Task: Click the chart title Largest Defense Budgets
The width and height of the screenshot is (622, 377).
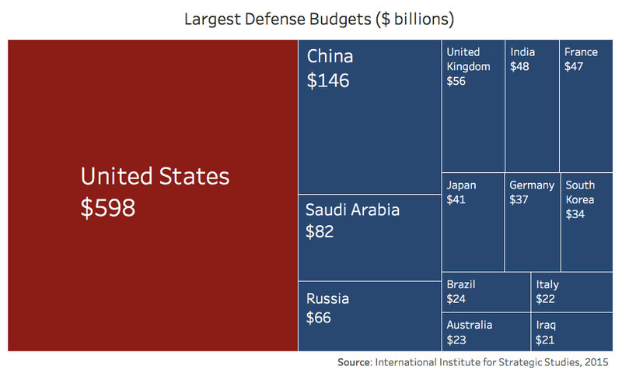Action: [319, 18]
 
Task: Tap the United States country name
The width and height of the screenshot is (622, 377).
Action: [155, 177]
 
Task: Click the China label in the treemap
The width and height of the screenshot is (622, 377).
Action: [330, 57]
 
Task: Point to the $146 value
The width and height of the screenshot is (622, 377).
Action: [329, 80]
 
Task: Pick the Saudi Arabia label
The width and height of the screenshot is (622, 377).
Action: [352, 210]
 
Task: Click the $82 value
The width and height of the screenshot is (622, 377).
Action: [320, 231]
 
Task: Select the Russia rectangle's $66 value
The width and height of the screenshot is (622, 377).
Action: [318, 318]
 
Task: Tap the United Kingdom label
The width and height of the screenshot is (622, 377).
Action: [468, 59]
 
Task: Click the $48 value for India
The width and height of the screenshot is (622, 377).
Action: [520, 67]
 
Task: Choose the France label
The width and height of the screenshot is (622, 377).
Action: [581, 52]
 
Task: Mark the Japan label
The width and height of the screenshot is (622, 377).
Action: [462, 185]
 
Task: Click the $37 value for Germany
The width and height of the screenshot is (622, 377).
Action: [519, 200]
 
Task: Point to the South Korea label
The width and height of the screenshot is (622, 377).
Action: [580, 192]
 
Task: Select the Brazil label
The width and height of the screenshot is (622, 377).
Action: [461, 284]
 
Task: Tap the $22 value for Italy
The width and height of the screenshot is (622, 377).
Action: [545, 299]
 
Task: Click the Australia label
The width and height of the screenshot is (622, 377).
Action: [470, 325]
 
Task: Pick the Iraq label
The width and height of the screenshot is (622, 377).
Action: [546, 325]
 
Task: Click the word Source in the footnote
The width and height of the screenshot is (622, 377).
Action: [354, 363]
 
